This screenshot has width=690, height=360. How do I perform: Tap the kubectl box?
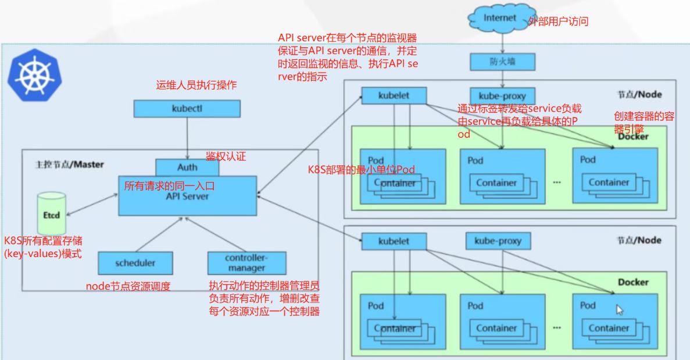click(x=187, y=108)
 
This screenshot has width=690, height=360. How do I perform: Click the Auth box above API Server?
click(x=187, y=167)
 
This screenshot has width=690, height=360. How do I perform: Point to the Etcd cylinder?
click(x=51, y=214)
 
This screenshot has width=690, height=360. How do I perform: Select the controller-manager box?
click(x=246, y=263)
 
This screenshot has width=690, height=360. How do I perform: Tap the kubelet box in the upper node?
click(x=394, y=95)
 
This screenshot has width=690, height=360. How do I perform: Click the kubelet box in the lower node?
click(x=394, y=241)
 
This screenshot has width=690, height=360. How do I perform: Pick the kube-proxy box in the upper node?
click(x=502, y=96)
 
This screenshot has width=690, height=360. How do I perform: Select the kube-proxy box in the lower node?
click(x=498, y=241)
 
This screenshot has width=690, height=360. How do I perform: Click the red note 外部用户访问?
click(x=558, y=22)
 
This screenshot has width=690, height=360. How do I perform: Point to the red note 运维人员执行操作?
click(x=196, y=85)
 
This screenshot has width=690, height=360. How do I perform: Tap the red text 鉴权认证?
click(x=226, y=156)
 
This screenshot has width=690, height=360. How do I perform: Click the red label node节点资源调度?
click(x=128, y=286)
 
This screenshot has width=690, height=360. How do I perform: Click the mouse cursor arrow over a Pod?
click(x=620, y=309)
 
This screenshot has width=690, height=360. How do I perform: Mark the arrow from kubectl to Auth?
click(x=187, y=138)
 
